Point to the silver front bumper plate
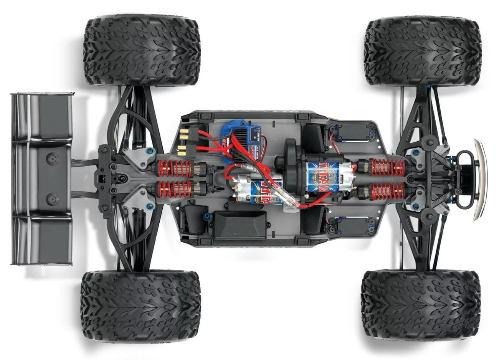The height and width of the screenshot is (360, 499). (x=480, y=180)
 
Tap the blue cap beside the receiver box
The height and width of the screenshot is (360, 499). (x=207, y=217)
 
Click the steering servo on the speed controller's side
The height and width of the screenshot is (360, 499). (x=352, y=132)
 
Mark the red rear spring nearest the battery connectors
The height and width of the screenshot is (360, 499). (x=175, y=168)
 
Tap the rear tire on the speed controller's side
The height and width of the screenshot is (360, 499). (x=142, y=50)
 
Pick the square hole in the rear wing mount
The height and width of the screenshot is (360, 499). (x=102, y=178)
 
